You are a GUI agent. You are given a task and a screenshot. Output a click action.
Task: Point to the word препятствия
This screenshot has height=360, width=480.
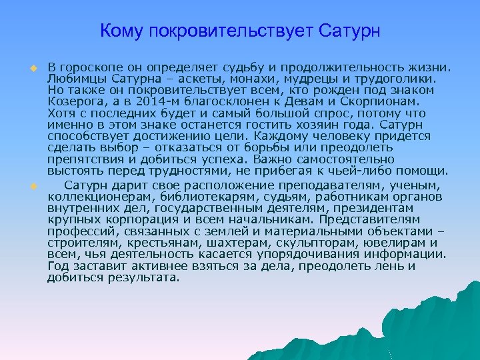click(x=86, y=159)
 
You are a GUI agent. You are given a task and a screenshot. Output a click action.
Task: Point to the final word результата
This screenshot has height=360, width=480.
click(x=145, y=277)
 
